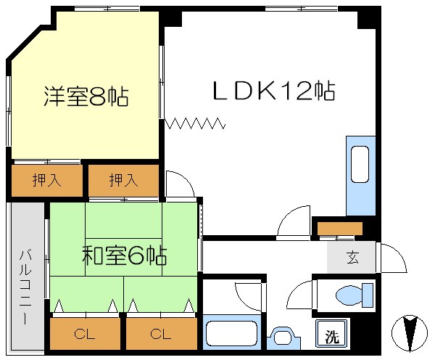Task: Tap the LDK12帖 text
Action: coord(273,91)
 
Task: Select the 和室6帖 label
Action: coord(124,255)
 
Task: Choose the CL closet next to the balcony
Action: coord(84,335)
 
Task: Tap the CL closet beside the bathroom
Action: coord(161,335)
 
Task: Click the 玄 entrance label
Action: coord(352,256)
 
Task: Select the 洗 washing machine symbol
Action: coord(331,336)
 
